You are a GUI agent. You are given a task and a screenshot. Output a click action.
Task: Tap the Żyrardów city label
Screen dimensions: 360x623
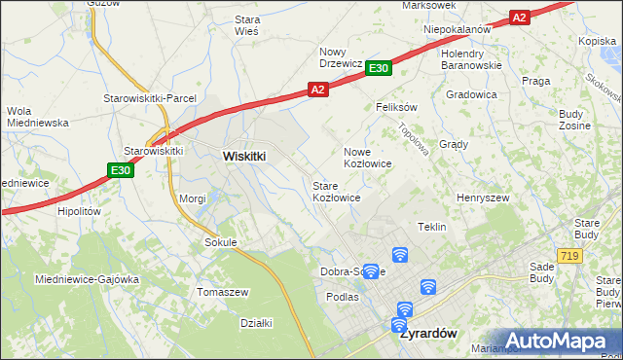tap(428, 332)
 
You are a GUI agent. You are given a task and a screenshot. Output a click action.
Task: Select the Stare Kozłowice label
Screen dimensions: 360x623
tap(337, 191)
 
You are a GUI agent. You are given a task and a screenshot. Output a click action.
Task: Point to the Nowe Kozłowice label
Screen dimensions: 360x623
tap(368, 158)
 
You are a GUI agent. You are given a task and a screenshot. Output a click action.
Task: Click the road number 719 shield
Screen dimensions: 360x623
tap(570, 255)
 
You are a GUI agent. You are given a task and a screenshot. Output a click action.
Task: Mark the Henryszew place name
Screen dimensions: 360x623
tap(484, 198)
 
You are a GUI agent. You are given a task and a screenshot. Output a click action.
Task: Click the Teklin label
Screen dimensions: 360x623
tap(431, 227)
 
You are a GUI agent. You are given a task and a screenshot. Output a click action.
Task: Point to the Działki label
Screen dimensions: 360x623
tap(256, 323)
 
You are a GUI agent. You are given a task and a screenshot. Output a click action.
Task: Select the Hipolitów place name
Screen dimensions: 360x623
tap(80, 210)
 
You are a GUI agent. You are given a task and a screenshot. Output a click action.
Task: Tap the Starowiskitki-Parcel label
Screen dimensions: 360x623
tap(151, 98)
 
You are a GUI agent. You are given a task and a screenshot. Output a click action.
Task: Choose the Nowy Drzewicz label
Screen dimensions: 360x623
tap(342, 57)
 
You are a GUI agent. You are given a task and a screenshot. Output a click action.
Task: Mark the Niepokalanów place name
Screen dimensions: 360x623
tap(457, 29)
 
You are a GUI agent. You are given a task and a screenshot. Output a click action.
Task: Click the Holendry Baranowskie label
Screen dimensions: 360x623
tap(471, 59)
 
